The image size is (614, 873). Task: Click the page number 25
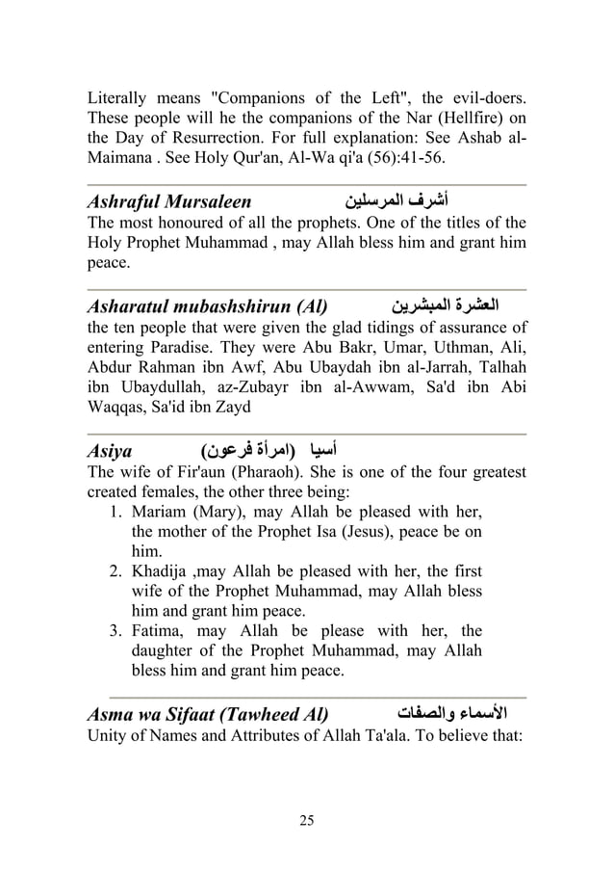307,820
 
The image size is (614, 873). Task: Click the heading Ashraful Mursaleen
169,202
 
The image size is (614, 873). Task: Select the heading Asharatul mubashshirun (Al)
206,307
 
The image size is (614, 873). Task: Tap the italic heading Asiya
109,450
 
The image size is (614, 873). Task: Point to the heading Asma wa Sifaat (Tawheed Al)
207,715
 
